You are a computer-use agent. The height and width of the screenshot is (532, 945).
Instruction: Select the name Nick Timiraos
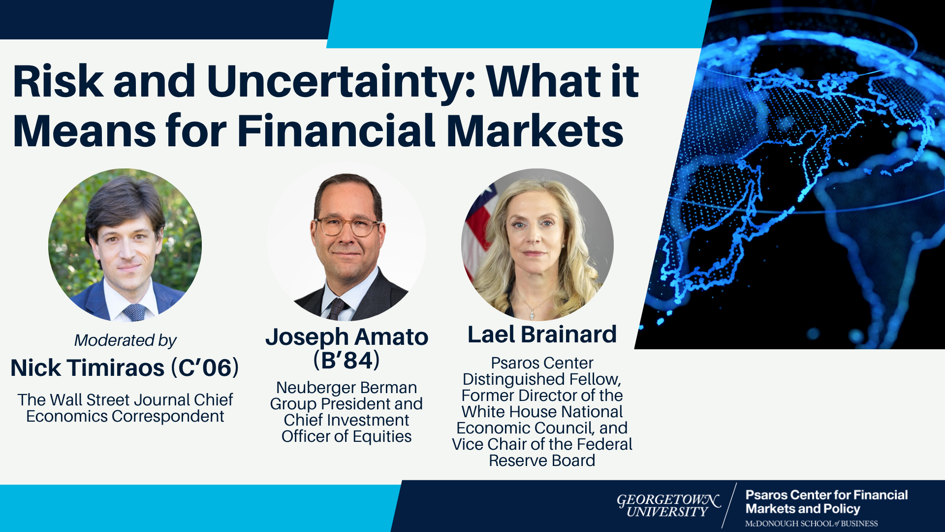(x=88, y=368)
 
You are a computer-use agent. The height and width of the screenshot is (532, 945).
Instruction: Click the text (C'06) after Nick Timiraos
(x=205, y=368)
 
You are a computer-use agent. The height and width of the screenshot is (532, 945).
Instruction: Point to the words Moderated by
(x=125, y=340)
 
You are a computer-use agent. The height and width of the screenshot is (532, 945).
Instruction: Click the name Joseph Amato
(x=347, y=337)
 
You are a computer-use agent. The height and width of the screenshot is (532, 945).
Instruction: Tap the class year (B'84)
(x=346, y=360)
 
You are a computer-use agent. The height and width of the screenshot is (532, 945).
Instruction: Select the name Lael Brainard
(x=542, y=334)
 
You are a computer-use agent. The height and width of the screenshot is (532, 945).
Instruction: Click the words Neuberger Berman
(x=346, y=388)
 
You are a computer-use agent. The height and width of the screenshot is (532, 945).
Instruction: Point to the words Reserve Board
(x=542, y=461)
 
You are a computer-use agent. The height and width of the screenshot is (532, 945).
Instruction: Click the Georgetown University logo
(x=668, y=506)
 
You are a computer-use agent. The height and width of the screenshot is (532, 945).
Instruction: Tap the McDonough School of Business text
(x=811, y=524)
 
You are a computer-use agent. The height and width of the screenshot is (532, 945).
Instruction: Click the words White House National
(x=542, y=412)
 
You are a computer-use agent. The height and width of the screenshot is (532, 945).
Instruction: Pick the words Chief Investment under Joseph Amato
(x=346, y=420)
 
